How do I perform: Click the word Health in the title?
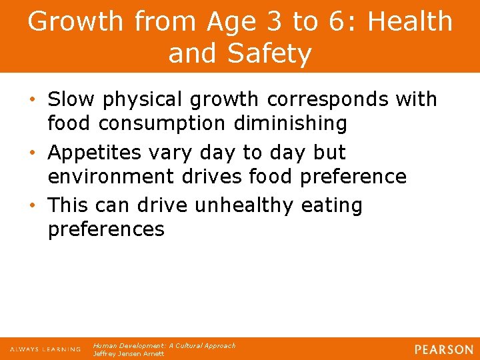(410, 21)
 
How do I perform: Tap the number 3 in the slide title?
(269, 21)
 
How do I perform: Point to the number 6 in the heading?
(337, 21)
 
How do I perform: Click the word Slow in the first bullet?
(71, 99)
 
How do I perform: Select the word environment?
(103, 177)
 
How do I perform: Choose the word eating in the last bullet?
(331, 205)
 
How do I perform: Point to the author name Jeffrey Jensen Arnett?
(129, 354)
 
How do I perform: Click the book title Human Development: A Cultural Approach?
(164, 346)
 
